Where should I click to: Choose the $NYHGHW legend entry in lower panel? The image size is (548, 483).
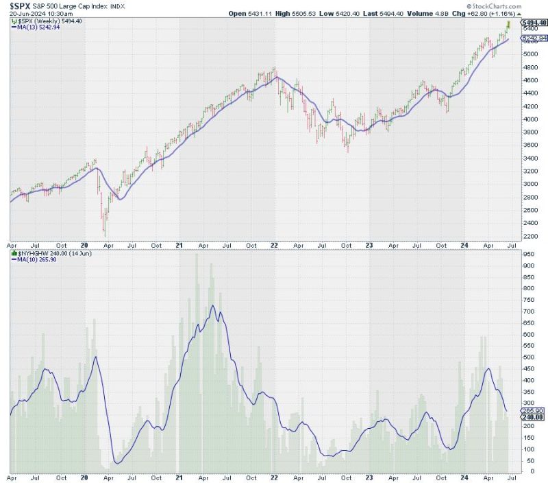point(47,253)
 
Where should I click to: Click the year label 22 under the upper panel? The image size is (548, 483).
point(276,244)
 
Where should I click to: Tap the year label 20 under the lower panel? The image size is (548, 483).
point(85,475)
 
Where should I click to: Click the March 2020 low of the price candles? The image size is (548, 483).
point(104,237)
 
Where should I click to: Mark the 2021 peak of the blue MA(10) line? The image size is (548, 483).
point(212,306)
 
